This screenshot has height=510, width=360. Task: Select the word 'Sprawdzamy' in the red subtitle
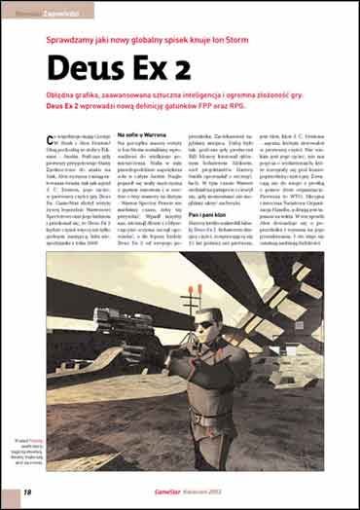(x=71, y=41)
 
